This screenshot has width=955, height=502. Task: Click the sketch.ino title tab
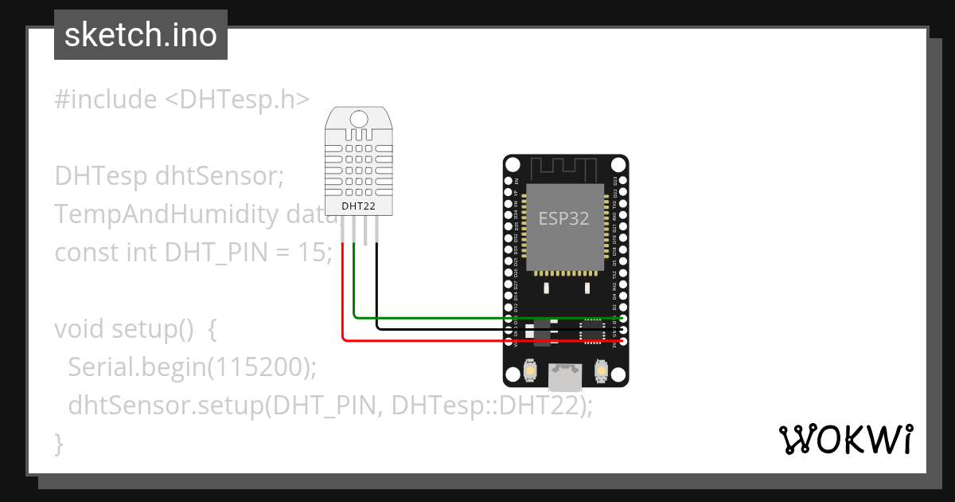point(140,35)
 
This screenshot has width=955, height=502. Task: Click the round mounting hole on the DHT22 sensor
point(359,120)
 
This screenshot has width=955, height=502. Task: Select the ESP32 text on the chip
point(563,218)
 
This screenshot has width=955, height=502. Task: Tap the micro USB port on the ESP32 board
point(565,375)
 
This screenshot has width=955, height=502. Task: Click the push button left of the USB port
point(530,371)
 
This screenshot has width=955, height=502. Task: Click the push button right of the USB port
point(601,371)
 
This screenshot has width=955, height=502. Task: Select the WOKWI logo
point(845,439)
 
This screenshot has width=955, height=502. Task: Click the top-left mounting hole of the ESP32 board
point(513,164)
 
